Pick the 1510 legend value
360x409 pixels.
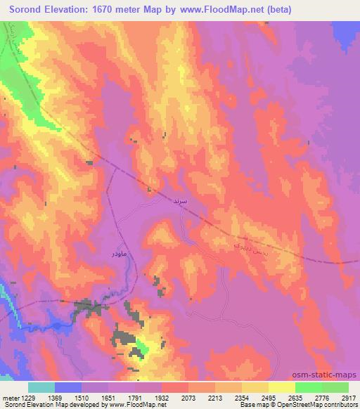click(83, 398)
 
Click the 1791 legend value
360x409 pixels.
click(136, 398)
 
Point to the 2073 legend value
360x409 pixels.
click(189, 398)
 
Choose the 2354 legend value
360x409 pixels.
click(243, 398)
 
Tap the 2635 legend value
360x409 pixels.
click(295, 398)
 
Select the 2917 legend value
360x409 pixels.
click(348, 398)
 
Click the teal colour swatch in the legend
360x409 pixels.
click(42, 387)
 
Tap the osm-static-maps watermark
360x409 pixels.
click(326, 375)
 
